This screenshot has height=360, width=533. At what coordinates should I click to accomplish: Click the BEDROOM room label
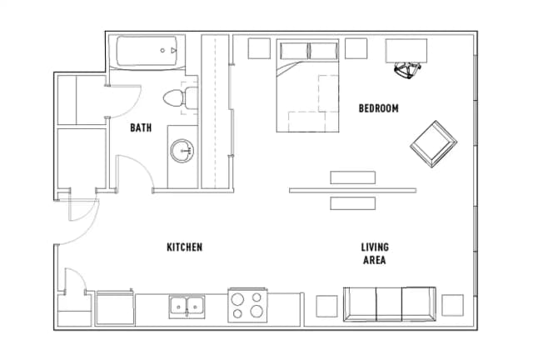point(378,108)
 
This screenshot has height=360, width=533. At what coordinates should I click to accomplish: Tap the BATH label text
point(141,127)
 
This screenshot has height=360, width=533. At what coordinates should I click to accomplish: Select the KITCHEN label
point(185,247)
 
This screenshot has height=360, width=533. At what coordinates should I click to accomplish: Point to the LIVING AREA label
point(375,253)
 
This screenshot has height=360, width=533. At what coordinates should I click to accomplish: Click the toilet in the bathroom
point(180,98)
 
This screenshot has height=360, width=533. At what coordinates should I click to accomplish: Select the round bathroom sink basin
point(182,151)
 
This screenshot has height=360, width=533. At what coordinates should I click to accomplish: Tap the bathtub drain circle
point(162,50)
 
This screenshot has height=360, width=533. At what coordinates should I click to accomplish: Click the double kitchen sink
point(187,307)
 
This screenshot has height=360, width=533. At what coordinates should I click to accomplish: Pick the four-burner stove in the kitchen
point(247,305)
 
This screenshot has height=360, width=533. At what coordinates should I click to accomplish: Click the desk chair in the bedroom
point(407,71)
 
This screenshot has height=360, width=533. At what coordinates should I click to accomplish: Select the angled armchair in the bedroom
point(433,144)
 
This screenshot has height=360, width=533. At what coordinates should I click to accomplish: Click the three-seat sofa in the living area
point(390,304)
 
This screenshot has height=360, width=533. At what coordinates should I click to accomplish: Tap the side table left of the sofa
point(326,306)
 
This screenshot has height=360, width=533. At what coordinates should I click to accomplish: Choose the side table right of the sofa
point(452,305)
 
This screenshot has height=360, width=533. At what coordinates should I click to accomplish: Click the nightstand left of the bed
point(259,48)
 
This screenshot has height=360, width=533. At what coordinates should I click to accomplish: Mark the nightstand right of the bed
point(356,48)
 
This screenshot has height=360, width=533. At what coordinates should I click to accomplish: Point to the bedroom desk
point(406,51)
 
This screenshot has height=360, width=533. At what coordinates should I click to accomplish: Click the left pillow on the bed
point(294,51)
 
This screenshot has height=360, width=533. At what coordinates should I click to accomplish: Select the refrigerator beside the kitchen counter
point(115,307)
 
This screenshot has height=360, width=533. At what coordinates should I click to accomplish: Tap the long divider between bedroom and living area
point(353,191)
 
